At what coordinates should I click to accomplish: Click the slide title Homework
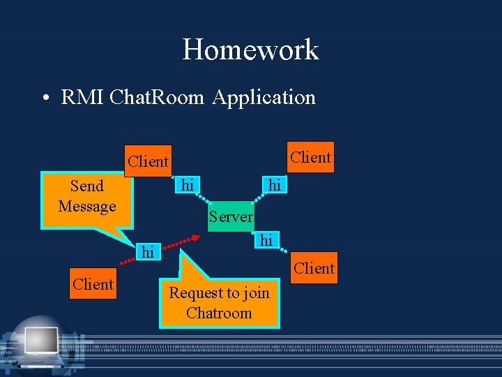(x=250, y=50)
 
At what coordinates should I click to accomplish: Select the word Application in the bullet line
(x=264, y=97)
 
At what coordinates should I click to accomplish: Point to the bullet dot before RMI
(x=44, y=98)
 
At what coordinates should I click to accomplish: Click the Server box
(x=231, y=216)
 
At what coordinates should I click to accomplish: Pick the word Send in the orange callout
(x=87, y=186)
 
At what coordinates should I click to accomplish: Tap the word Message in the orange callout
(x=87, y=206)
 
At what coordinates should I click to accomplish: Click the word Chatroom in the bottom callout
(x=219, y=313)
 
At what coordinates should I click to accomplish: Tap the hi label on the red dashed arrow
(x=147, y=252)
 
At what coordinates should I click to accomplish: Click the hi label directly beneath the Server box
(x=266, y=240)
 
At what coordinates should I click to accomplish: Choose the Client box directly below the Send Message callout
(x=93, y=284)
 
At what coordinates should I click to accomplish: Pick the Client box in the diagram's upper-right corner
(x=311, y=157)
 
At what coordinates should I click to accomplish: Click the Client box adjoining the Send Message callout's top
(x=148, y=161)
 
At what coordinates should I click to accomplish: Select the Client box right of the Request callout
(x=314, y=268)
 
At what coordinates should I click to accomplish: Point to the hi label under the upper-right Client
(x=275, y=185)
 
